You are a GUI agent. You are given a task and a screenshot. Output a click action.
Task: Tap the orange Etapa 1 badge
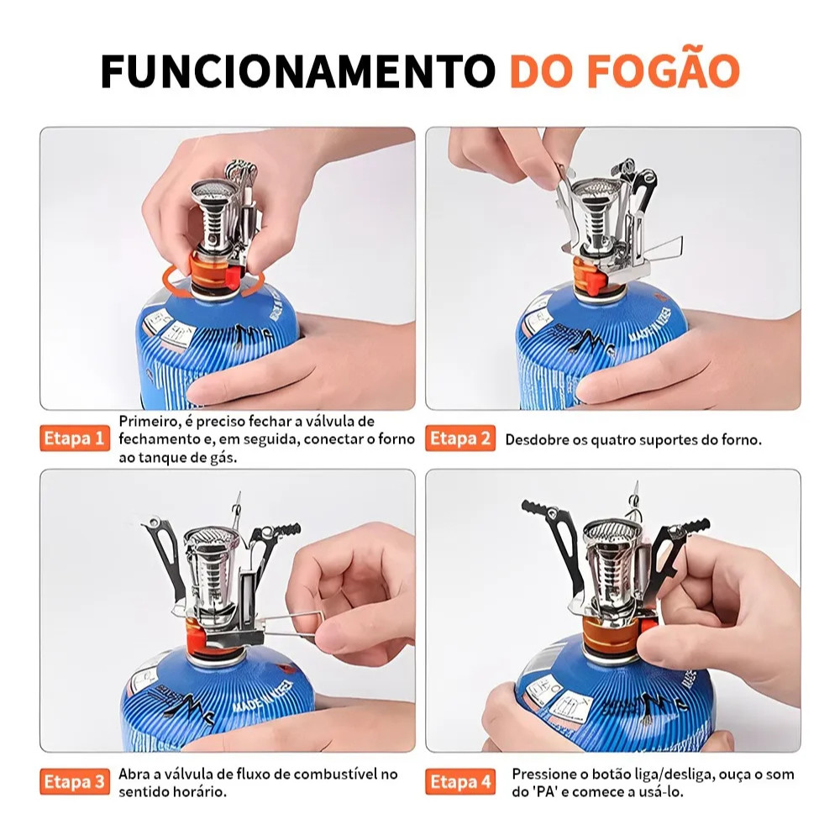pyautogui.click(x=74, y=438)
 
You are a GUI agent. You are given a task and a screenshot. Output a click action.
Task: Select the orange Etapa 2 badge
pyautogui.click(x=459, y=438)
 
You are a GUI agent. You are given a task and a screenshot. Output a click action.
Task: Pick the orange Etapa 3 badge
pyautogui.click(x=74, y=782)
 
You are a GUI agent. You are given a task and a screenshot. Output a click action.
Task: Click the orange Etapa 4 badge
pyautogui.click(x=459, y=782)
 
